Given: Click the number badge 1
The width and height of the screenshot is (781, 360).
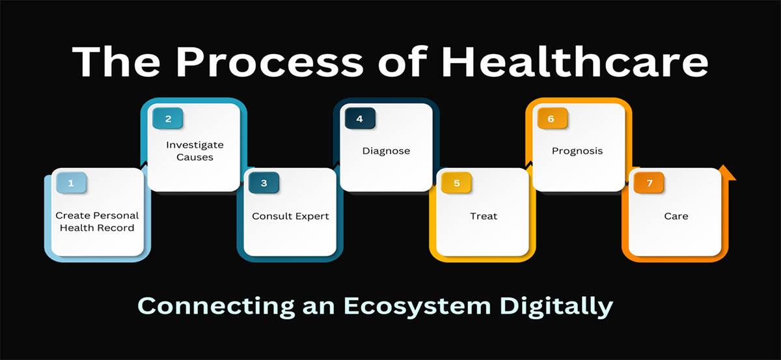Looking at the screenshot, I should [71, 184].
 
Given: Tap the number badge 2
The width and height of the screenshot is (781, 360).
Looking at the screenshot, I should [168, 118].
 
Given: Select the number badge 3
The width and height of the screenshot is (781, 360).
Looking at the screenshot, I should [264, 184].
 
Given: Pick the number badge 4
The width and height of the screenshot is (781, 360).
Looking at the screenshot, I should [359, 118].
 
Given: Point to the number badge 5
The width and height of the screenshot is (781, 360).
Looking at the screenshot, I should [456, 184].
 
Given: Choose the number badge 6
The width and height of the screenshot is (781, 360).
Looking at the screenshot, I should [551, 118].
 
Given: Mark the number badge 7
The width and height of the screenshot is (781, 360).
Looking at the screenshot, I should [648, 184].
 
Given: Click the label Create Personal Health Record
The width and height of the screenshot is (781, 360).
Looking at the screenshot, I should [97, 221].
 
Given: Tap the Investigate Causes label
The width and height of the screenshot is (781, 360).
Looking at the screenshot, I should [194, 151].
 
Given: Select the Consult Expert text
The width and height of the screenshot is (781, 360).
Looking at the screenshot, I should [290, 216].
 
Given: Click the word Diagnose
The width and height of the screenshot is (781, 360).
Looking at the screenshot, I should [386, 151].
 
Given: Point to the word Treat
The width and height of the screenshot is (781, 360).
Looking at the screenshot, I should [484, 216].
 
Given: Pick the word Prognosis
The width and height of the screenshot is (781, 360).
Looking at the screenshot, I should [577, 151].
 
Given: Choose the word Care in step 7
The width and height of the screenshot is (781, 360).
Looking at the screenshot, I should [676, 216].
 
